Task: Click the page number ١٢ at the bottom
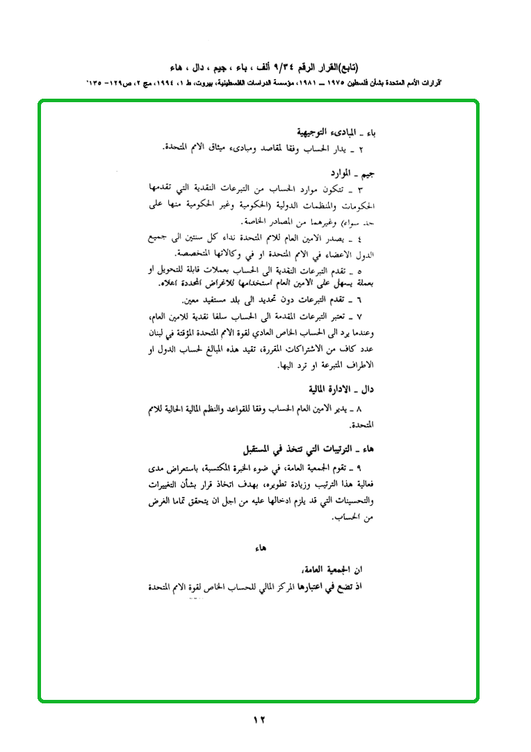(259, 720)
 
